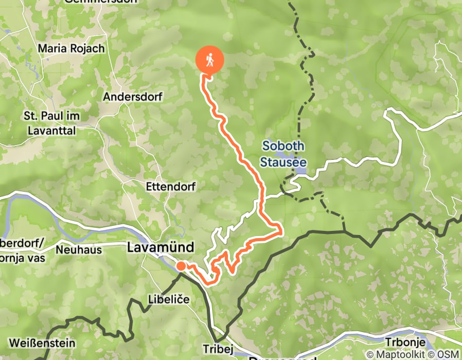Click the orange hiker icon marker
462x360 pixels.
coord(210,60)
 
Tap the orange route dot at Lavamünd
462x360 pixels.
coord(181,266)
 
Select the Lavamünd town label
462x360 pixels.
coord(161,248)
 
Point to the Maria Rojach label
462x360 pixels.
coord(72,49)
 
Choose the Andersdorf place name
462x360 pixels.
coord(133,97)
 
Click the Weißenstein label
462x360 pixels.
coord(42,343)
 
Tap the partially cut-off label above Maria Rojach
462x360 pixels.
coord(101,2)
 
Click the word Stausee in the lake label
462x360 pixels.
coord(282,163)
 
